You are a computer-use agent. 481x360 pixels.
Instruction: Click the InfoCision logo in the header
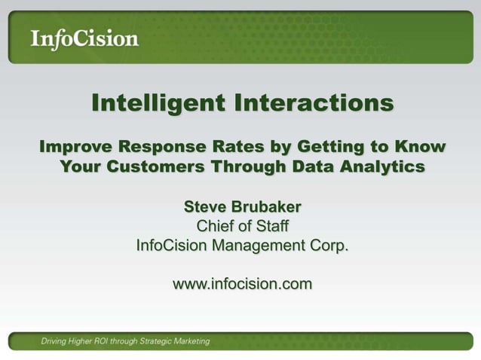click(84, 38)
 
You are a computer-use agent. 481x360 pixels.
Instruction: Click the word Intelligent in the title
click(156, 104)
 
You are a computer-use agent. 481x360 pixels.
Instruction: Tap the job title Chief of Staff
click(241, 226)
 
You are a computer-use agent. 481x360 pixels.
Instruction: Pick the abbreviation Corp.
click(330, 246)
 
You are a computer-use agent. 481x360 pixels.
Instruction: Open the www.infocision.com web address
click(241, 285)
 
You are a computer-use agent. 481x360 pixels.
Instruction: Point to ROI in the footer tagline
click(109, 341)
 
